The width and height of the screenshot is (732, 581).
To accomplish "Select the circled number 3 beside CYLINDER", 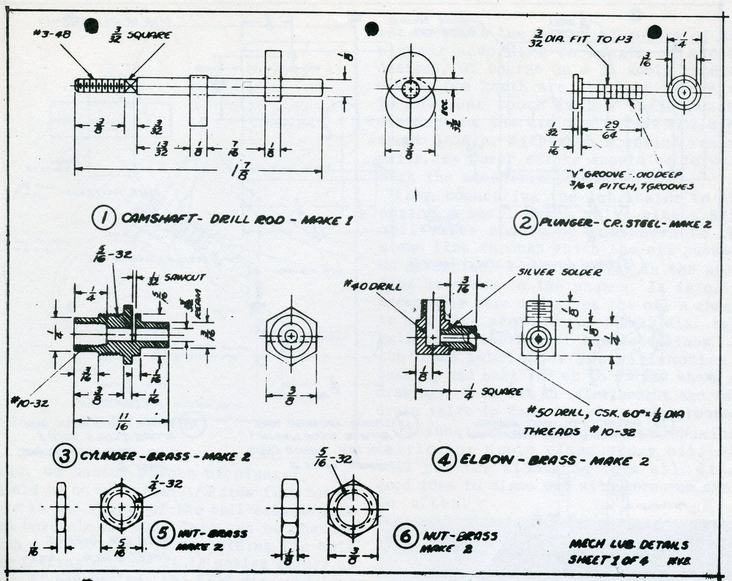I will point(65,455).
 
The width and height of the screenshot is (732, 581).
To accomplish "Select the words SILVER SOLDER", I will point(559,272).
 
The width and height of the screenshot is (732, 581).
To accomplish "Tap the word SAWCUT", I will point(185,278).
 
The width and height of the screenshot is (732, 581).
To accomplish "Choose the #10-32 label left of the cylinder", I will point(30,403).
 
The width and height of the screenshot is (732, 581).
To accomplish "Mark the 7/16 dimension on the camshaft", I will point(235,149).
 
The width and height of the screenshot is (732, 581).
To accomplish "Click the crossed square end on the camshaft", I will point(131,86).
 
